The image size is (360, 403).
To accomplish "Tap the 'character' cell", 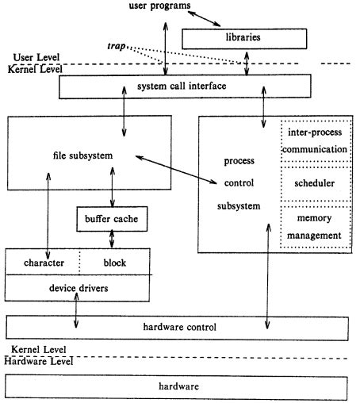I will coord(43,262).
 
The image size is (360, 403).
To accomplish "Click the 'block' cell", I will coord(114,262).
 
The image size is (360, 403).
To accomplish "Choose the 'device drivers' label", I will coord(77,287).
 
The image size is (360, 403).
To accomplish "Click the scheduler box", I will coord(314,183).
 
